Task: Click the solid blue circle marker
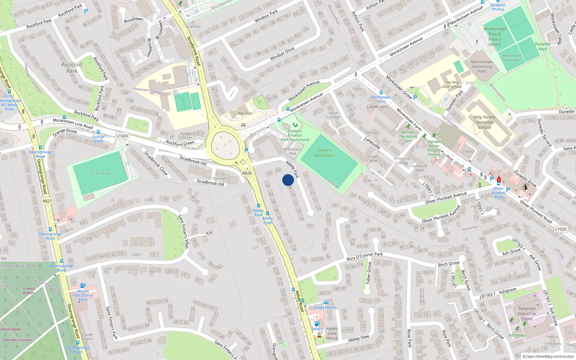coord(288,180)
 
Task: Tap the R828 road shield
coord(247,173)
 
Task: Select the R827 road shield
coord(47,201)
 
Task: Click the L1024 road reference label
coord(122,136)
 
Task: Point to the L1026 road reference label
coord(561,229)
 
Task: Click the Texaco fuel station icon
coord(317,324)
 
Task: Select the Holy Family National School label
coord(485,122)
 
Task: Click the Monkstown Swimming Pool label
coord(482,67)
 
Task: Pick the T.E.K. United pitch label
coord(100,173)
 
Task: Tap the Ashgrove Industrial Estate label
coord(527,313)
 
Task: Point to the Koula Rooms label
coord(325,307)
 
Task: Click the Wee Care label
coord(245,113)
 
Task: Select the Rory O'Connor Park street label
coord(364,256)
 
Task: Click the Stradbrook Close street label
coord(156,163)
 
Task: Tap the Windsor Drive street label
coord(282,53)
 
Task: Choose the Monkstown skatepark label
coord(512,58)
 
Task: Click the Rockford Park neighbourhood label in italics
coord(71,68)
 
